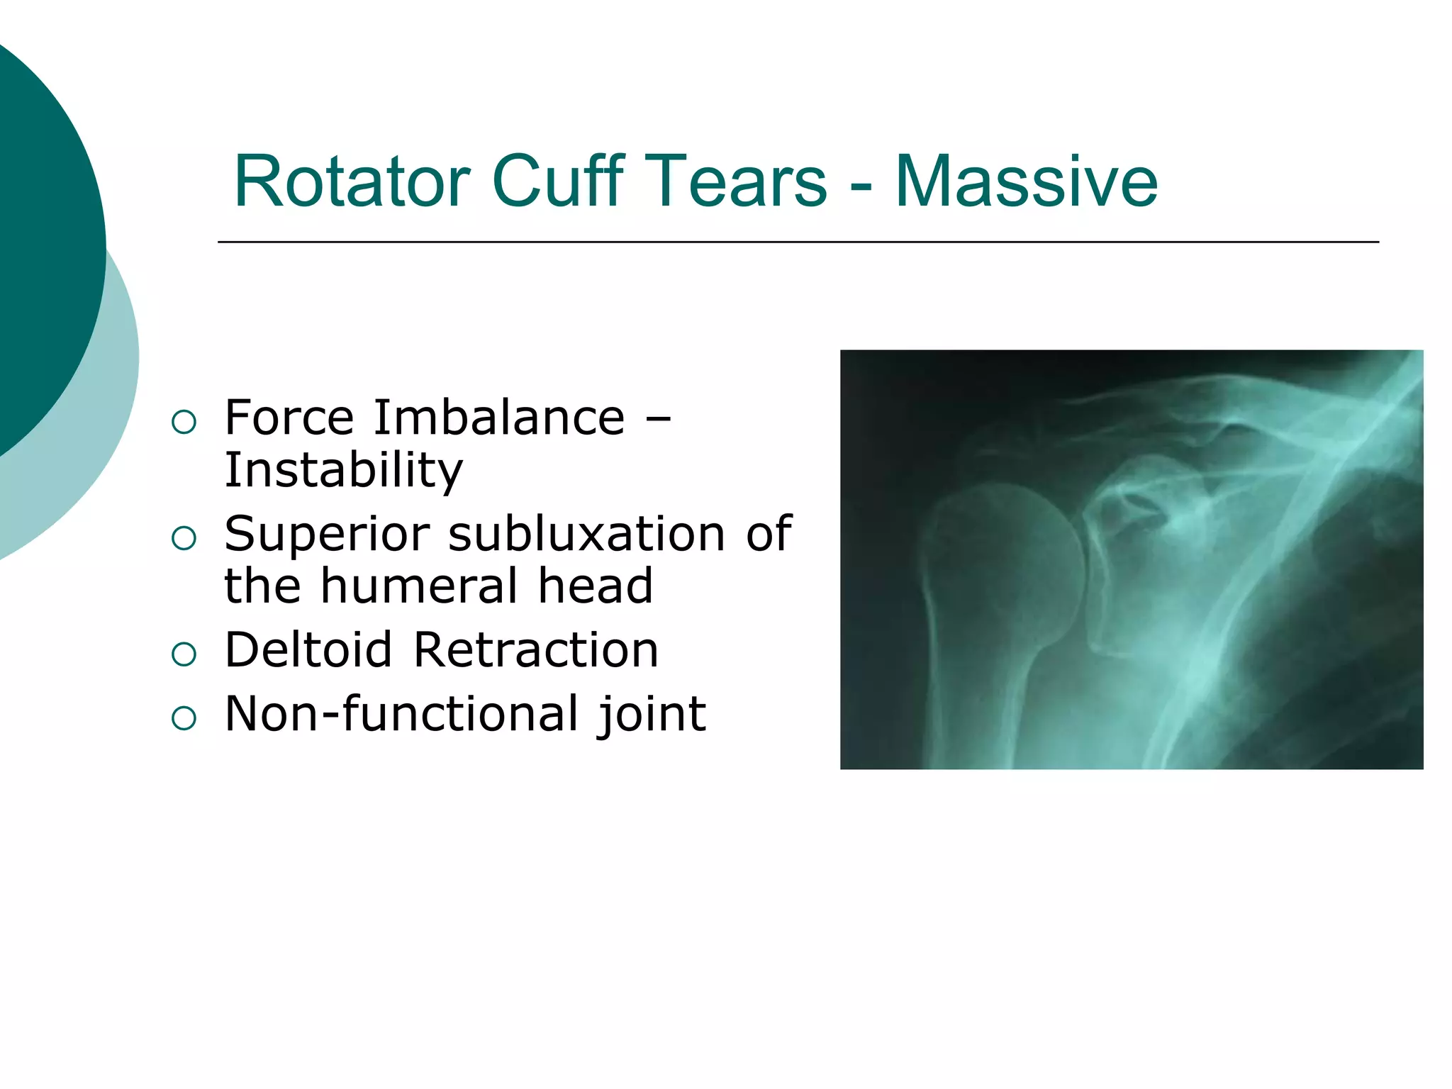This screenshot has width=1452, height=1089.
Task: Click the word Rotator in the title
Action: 352,182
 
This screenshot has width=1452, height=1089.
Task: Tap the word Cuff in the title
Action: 558,182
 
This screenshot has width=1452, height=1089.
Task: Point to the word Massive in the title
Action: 1026,182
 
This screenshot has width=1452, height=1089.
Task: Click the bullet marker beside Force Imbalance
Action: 184,423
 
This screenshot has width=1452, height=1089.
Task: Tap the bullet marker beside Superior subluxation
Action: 184,538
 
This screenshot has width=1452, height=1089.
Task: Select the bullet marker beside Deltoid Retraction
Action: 184,654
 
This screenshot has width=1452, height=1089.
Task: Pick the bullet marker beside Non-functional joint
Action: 184,718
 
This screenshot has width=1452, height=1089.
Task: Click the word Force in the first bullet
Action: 289,418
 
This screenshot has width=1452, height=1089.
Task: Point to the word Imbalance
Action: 499,418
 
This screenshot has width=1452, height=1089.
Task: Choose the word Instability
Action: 343,470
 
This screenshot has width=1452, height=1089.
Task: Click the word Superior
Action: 327,534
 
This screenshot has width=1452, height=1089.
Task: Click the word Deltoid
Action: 308,650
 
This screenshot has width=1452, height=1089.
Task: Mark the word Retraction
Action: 535,650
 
